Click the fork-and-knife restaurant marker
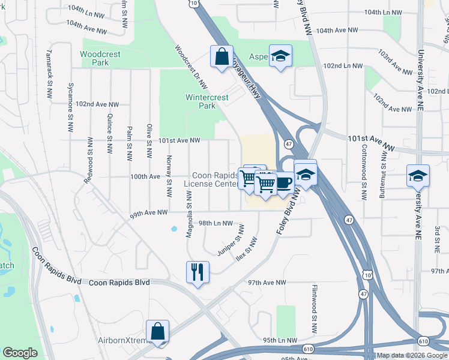(197, 271)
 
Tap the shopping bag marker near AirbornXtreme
(157, 331)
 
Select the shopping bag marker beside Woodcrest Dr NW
(221, 56)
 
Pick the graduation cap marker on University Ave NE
(418, 175)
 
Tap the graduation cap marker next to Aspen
(280, 56)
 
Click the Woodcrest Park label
(100, 58)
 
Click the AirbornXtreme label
(122, 340)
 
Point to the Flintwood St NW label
(313, 309)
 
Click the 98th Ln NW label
(215, 223)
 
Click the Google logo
(20, 353)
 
